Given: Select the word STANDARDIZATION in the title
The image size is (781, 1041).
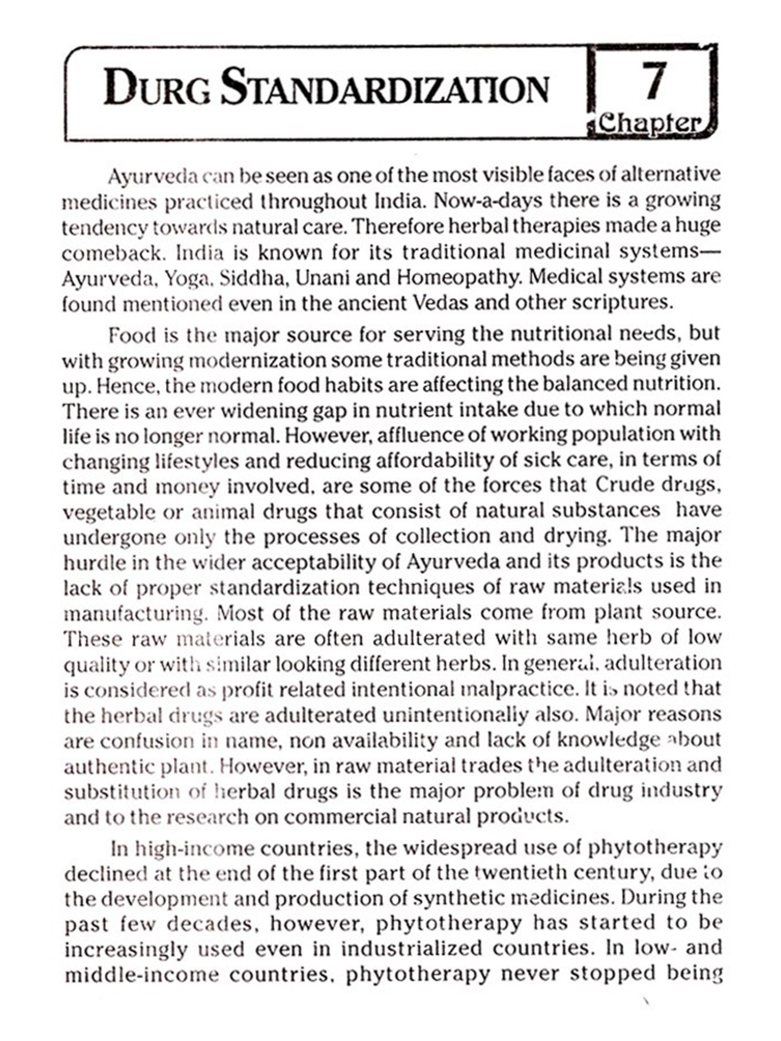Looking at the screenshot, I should coord(385,87).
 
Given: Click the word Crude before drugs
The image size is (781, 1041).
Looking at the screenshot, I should coord(625,485).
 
